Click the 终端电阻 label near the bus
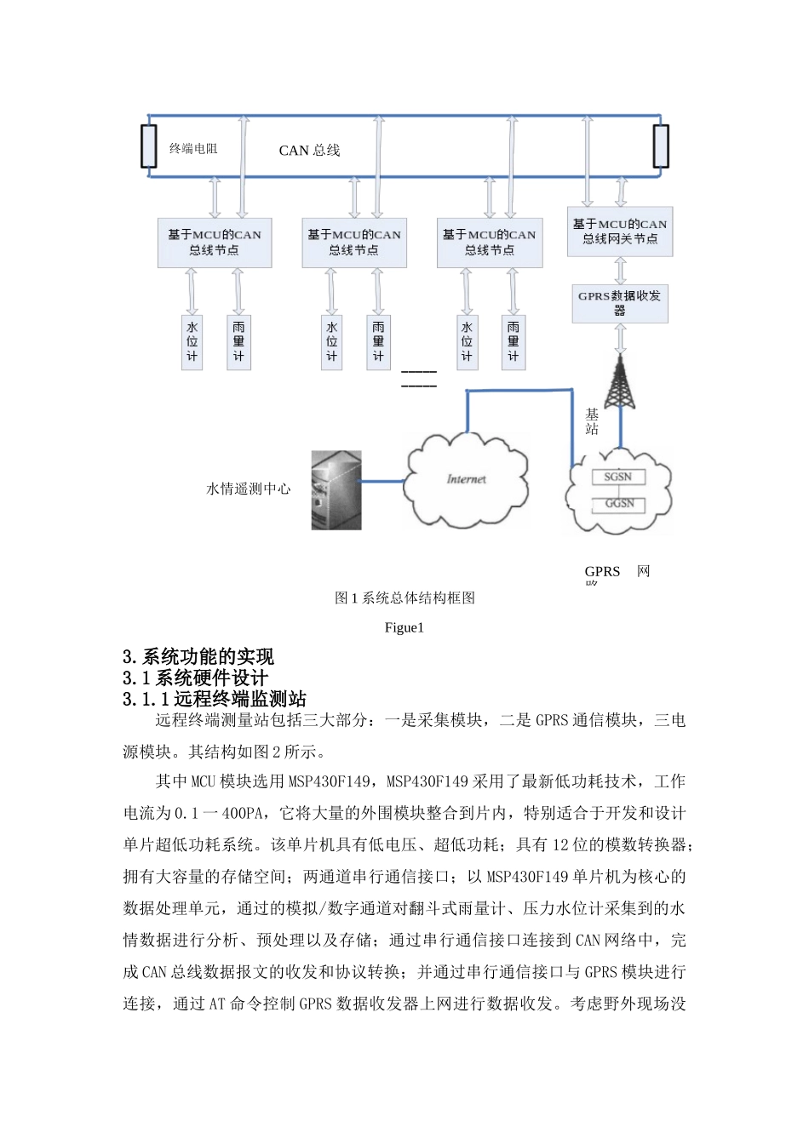tap(193, 149)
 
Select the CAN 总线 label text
tap(309, 151)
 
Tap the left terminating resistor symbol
tap(149, 146)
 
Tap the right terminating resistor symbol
tap(661, 146)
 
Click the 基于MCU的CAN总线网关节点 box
tap(620, 232)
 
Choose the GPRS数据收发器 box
tap(620, 303)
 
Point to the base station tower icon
tap(620, 383)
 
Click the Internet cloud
tap(466, 481)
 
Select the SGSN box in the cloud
tap(618, 477)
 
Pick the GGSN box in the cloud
tap(619, 504)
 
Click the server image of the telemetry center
tap(336, 490)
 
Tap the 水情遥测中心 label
tap(249, 489)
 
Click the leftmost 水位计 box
tap(192, 341)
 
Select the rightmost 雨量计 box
tap(513, 341)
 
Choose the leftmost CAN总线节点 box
tap(215, 243)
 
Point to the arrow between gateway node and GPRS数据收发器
tap(620, 271)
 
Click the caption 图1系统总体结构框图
tap(404, 598)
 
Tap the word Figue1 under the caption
tap(404, 628)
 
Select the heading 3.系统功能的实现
tap(198, 657)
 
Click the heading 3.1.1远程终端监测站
tap(215, 700)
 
